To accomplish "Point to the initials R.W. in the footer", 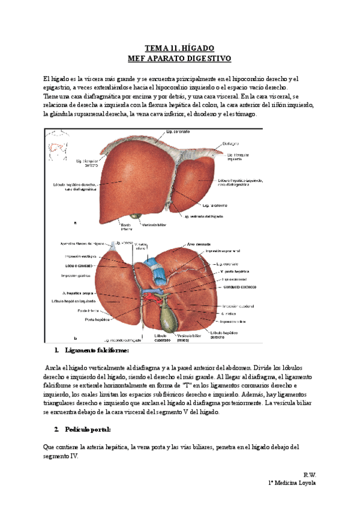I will point(310,474).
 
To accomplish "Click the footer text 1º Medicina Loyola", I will point(291,483).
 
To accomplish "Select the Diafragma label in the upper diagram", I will point(232,143).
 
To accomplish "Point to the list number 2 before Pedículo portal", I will point(56,429).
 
